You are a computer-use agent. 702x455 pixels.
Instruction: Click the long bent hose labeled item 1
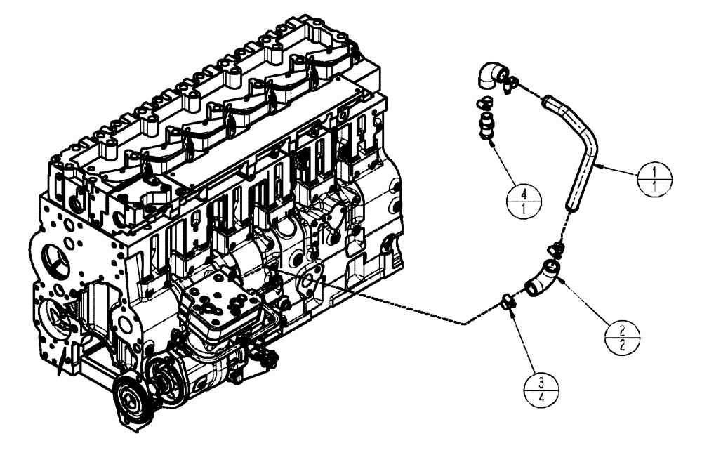583,154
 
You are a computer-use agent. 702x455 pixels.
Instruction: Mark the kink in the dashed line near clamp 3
463,324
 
